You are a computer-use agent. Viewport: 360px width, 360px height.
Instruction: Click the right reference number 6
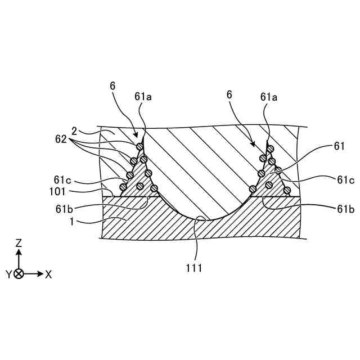point(229,94)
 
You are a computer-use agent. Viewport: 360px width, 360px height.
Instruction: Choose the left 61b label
point(64,209)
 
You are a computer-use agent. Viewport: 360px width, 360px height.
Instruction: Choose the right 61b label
point(345,209)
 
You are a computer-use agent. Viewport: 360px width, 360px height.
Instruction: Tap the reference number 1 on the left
point(72,221)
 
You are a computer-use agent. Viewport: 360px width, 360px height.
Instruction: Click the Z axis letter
point(19,243)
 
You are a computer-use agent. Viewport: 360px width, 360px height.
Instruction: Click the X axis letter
point(48,274)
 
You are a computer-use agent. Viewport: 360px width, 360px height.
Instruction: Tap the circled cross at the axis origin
point(19,274)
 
